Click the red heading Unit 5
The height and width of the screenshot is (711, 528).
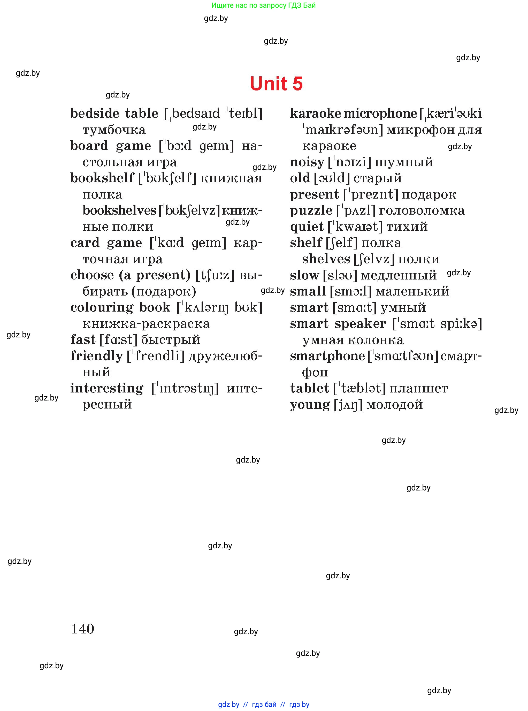click(x=276, y=84)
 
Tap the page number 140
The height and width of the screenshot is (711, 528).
click(x=82, y=629)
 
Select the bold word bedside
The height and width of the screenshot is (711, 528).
click(x=95, y=114)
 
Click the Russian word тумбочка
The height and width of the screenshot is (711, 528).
click(x=114, y=130)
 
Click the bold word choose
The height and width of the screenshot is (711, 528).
click(x=92, y=275)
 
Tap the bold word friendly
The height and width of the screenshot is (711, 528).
click(x=96, y=356)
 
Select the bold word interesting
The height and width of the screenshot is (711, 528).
click(x=107, y=388)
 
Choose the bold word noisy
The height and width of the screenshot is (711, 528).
click(x=307, y=162)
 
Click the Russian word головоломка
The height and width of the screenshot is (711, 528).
click(x=422, y=210)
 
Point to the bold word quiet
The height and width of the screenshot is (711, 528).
click(x=307, y=227)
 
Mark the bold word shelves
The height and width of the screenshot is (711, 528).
click(x=326, y=259)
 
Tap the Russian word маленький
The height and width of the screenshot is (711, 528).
click(x=413, y=291)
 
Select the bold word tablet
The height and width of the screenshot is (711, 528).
click(x=309, y=388)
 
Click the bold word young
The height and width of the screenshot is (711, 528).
click(x=310, y=405)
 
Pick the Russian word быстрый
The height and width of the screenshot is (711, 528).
click(x=171, y=339)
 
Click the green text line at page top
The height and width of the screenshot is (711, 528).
click(x=263, y=5)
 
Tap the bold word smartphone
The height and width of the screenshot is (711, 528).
click(x=327, y=356)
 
